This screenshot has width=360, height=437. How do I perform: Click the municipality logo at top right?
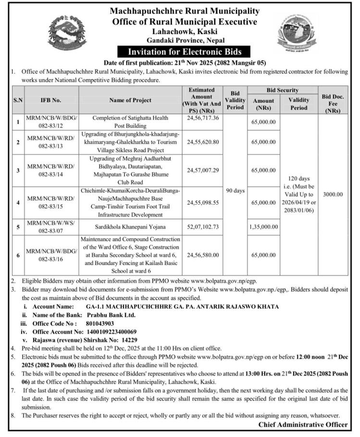[x=296, y=32]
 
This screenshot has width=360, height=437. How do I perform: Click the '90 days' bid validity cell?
[x=235, y=190]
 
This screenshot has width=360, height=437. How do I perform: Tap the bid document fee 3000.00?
[x=333, y=194]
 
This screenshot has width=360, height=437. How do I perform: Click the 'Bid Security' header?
[x=282, y=90]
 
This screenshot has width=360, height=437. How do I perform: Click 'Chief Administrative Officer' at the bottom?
[x=303, y=425]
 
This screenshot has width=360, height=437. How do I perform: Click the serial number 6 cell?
[x=17, y=255]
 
